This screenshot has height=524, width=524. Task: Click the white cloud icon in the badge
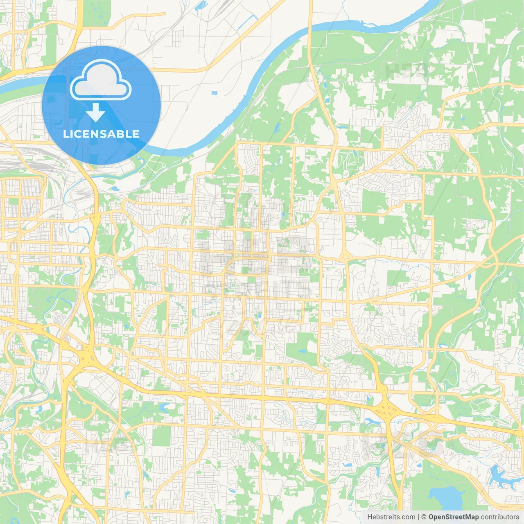(100, 80)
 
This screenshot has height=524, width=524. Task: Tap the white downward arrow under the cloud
(95, 112)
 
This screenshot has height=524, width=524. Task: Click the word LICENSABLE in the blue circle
(101, 134)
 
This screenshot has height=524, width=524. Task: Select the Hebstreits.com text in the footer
(391, 517)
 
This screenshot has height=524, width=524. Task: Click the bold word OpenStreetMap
(453, 517)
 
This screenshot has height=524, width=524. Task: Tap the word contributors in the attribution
(500, 517)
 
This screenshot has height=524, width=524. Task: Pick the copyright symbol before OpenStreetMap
(424, 517)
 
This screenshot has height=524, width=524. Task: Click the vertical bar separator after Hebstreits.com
(418, 517)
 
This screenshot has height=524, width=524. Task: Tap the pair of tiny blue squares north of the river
(214, 93)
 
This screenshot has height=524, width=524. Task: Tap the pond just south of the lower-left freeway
(163, 407)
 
